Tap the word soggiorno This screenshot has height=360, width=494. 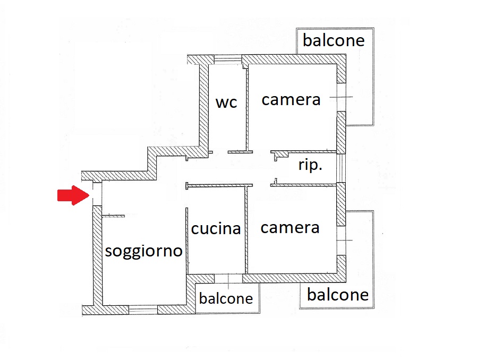[x=143, y=251]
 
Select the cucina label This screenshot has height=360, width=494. [x=216, y=229]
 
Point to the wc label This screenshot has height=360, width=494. [x=226, y=102]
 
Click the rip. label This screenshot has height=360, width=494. [x=310, y=165]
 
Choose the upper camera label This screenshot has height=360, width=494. [x=291, y=99]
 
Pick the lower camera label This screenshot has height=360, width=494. [x=290, y=228]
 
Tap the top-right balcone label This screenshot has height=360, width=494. [x=334, y=40]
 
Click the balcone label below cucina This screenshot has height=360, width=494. [x=226, y=298]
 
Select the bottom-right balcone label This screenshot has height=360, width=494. [x=338, y=295]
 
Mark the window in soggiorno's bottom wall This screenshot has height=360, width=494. [x=143, y=309]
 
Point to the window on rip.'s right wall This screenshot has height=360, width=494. [x=342, y=168]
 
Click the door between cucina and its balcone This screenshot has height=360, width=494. [x=227, y=278]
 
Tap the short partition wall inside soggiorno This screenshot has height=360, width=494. [x=113, y=216]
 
